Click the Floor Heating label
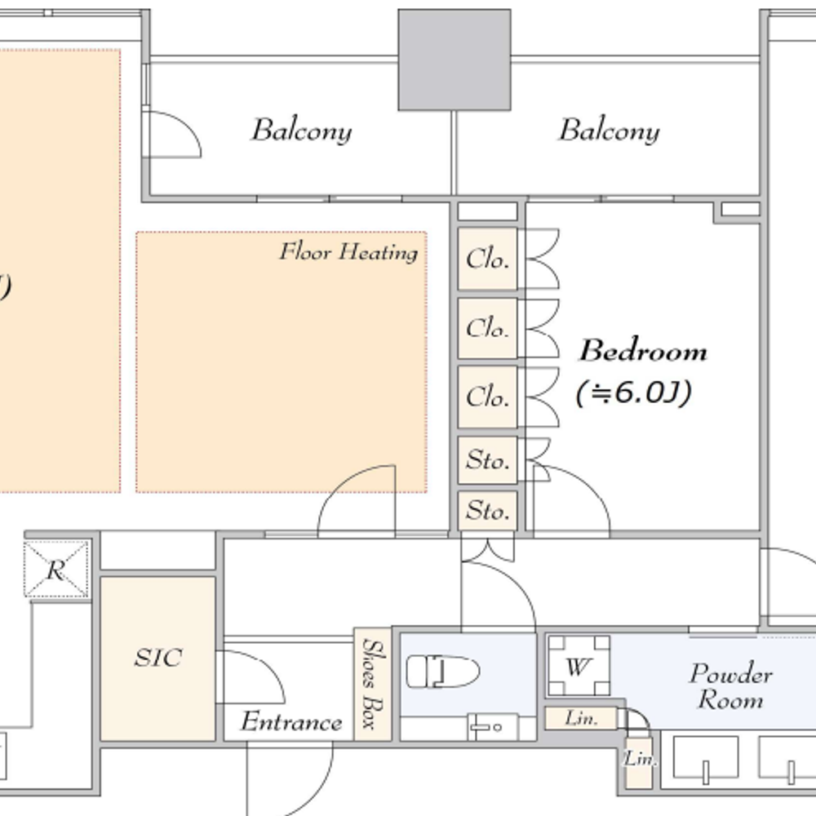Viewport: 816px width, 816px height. (x=348, y=251)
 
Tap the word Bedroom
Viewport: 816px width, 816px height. (x=642, y=352)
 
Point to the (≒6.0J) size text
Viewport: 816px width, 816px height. (x=633, y=393)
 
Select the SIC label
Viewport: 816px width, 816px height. (x=157, y=658)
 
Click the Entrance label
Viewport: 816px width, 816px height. (x=290, y=722)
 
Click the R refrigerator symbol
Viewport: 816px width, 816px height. (x=55, y=570)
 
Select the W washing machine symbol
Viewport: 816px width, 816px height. (x=578, y=667)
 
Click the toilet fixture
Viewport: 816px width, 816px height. (x=441, y=672)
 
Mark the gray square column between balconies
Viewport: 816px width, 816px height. (x=454, y=60)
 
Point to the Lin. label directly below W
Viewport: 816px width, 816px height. (x=580, y=719)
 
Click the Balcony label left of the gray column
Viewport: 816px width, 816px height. (x=301, y=131)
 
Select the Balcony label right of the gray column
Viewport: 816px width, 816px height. (x=609, y=131)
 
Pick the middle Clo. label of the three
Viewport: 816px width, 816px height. (x=487, y=328)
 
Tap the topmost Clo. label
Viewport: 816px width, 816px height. (x=487, y=259)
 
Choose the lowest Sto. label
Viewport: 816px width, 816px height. (x=487, y=512)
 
